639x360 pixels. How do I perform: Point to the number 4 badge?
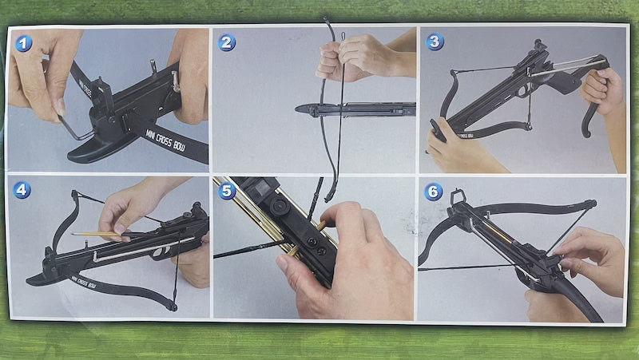(x=23, y=190)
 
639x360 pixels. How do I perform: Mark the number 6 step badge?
(x=433, y=191)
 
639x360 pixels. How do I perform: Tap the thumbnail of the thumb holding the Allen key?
(x=59, y=105)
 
